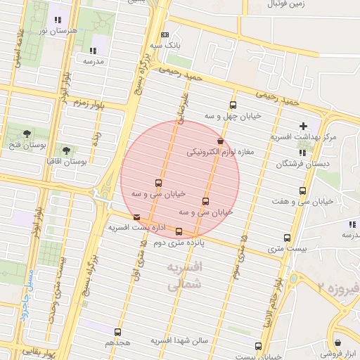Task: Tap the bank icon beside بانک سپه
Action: click(x=165, y=34)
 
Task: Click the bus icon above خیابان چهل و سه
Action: click(x=233, y=105)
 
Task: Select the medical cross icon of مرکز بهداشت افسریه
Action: click(x=303, y=126)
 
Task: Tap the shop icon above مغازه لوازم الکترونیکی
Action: click(x=221, y=141)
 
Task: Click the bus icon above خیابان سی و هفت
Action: click(x=303, y=191)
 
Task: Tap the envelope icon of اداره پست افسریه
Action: click(x=136, y=217)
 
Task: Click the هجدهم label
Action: click(x=118, y=342)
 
